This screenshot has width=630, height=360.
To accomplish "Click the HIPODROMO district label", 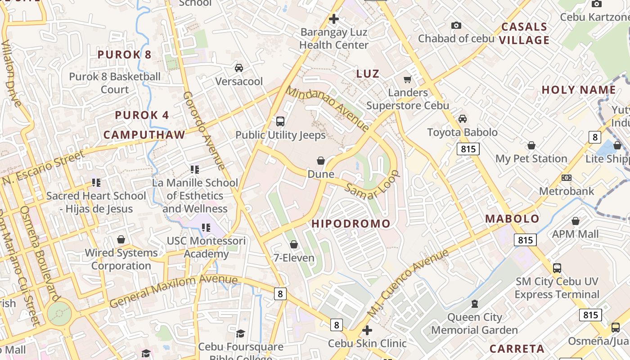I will tap(351, 224).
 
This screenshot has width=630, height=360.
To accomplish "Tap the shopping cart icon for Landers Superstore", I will tap(408, 80).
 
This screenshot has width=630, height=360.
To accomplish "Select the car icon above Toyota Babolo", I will tap(462, 119).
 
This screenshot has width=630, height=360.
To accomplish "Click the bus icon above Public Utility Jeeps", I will tap(280, 121).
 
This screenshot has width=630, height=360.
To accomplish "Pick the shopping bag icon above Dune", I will tap(321, 161).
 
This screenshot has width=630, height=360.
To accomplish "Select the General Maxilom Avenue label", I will tap(173, 290).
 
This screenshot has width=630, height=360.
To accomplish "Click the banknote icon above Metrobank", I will tap(567, 178).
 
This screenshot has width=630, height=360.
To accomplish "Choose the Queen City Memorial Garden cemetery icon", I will tap(474, 304).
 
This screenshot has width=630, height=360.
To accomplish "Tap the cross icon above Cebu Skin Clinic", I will tap(367, 330).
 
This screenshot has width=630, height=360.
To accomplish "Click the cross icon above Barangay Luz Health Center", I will tap(333, 19).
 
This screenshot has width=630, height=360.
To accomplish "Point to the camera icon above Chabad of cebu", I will tap(456, 25).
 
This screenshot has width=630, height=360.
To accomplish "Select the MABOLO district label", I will tap(512, 219).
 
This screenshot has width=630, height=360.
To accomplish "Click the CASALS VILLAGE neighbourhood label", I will tap(524, 33).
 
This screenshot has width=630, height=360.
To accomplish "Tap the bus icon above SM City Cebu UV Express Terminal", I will tap(557, 268).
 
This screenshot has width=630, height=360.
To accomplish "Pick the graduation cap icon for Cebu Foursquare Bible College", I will tap(240, 333).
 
